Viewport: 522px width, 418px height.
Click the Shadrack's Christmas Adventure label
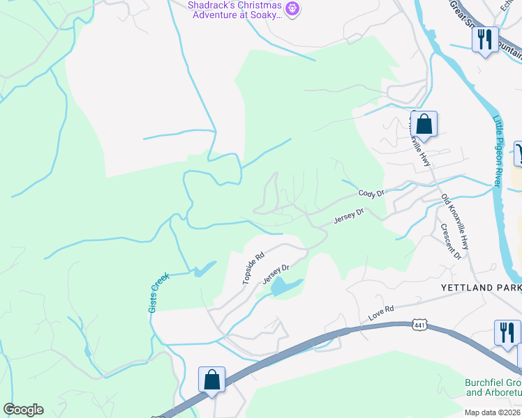pyautogui.click(x=234, y=9)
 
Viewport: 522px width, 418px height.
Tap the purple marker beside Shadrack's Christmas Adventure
pyautogui.click(x=292, y=8)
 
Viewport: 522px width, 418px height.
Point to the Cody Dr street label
pyautogui.click(x=371, y=193)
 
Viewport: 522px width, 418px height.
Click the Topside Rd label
pyautogui.click(x=253, y=268)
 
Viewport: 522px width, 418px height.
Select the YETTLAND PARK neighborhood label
pyautogui.click(x=481, y=287)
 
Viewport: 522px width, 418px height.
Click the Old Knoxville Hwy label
pyautogui.click(x=454, y=223)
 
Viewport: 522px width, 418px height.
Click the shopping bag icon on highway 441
pyautogui.click(x=211, y=380)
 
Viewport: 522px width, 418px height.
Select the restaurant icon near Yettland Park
pyautogui.click(x=507, y=332)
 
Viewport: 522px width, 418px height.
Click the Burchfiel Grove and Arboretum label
pyautogui.click(x=493, y=387)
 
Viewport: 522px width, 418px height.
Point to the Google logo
pyautogui.click(x=23, y=410)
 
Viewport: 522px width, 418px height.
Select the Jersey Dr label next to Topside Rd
pyautogui.click(x=276, y=274)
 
